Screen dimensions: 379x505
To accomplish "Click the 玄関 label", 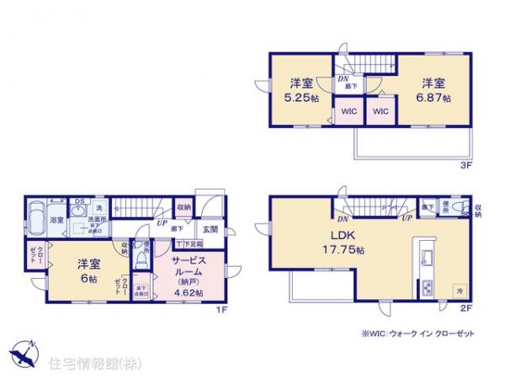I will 210,230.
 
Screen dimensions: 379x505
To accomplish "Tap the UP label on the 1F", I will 160,224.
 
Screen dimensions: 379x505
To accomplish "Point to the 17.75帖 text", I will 346,250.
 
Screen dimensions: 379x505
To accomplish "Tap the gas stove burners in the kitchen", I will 426,287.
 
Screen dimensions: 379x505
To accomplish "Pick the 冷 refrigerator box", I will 460,290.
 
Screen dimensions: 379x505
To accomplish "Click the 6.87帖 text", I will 436,98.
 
